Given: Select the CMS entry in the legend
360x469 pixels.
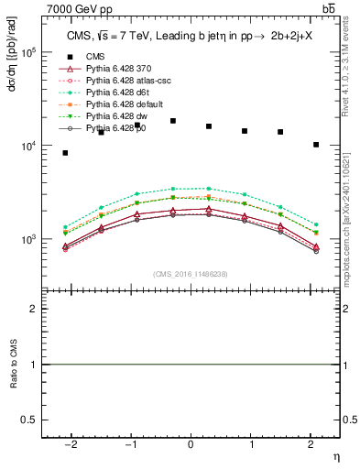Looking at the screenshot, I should tap(96, 58).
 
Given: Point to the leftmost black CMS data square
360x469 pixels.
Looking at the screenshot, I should tap(65, 153).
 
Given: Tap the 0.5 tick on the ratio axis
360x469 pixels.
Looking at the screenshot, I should tap(30, 420).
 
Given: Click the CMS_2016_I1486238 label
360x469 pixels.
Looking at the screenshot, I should tap(191, 274).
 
